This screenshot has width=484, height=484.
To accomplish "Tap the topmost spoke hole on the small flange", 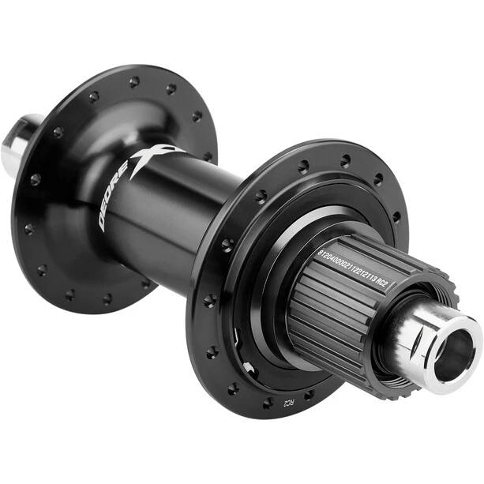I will coord(134,81).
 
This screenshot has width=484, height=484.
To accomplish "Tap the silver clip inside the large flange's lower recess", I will coord(247,367).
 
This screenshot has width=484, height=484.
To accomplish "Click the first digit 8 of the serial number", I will coord(320,253).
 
